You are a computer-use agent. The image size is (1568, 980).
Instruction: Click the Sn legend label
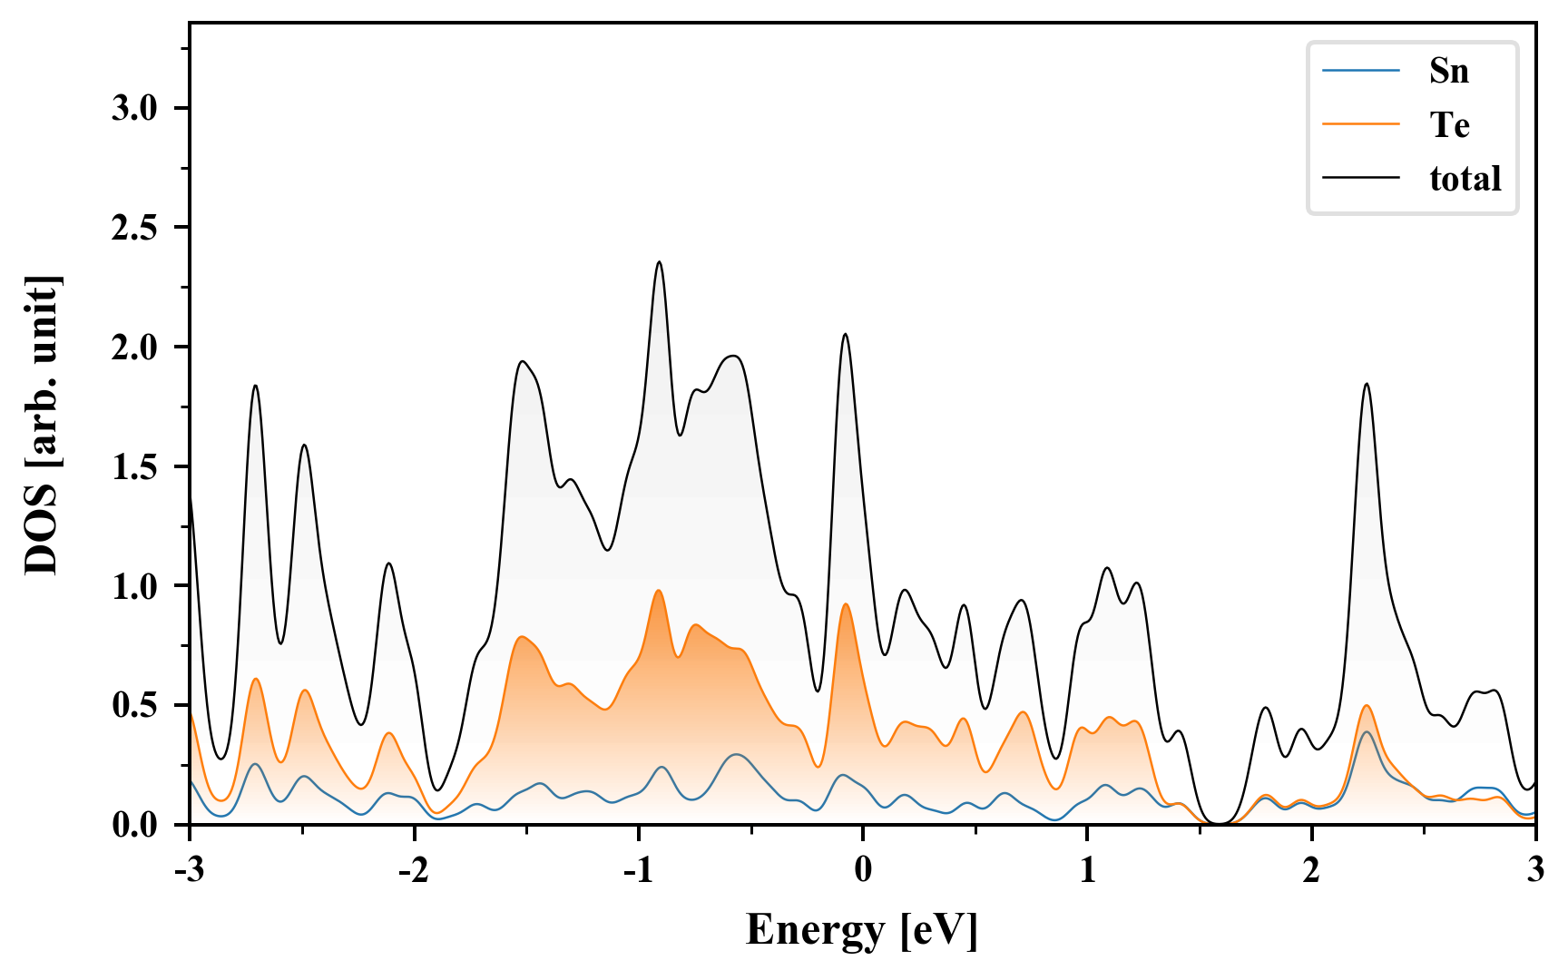coord(1448,71)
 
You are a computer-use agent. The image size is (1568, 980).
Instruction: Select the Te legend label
coord(1449,124)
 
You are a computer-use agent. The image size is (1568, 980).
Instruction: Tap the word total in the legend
coord(1465,178)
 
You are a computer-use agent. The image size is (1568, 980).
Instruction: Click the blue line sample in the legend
coord(1360,71)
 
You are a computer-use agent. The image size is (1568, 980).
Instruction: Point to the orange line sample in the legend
coord(1360,124)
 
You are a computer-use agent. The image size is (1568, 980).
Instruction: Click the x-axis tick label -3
coord(189,869)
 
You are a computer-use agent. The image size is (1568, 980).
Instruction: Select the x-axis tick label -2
coord(413,869)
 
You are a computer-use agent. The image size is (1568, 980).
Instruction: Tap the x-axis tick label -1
coord(637,869)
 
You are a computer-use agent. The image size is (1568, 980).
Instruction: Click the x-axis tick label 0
coord(863,869)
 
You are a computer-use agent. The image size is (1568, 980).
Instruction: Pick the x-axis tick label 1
coord(1087,869)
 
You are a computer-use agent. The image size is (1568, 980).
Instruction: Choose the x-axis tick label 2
coord(1311,869)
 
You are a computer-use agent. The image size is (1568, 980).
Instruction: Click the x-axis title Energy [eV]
coord(862,930)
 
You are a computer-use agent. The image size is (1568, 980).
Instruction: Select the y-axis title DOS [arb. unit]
coord(42,425)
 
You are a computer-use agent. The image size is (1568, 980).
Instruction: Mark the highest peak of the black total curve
coord(659,262)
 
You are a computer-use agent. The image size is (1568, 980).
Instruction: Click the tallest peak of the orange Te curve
coord(658,591)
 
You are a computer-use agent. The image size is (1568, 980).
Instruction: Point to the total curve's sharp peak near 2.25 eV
coord(1366,384)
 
